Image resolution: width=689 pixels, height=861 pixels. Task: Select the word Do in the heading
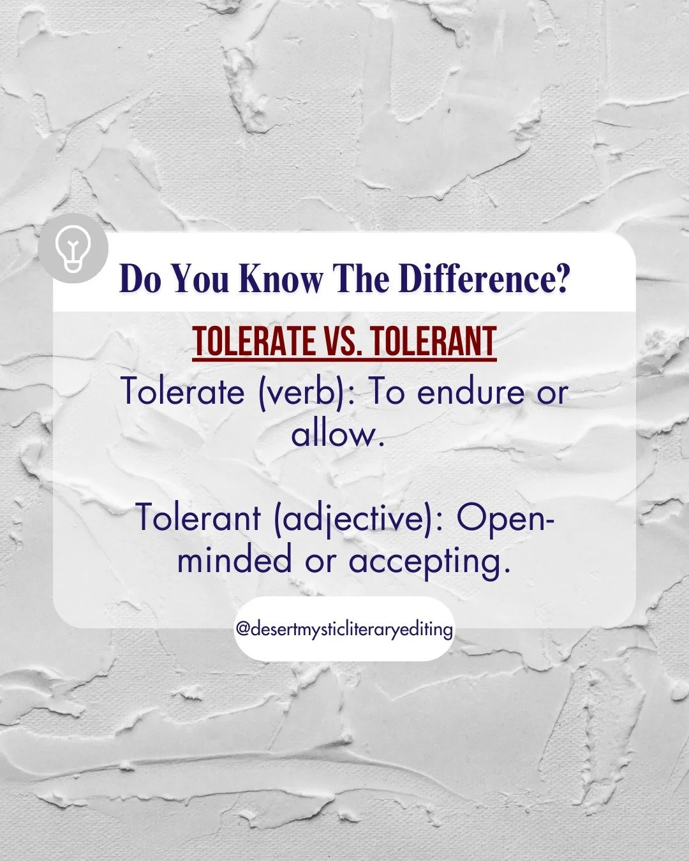coord(140,279)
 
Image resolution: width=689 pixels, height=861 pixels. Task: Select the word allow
coord(338,434)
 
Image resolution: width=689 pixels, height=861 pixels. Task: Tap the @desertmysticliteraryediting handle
coord(344,629)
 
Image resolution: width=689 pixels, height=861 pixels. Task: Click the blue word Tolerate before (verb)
coord(182,391)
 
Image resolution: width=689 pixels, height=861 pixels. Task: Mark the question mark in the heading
coord(561,279)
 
